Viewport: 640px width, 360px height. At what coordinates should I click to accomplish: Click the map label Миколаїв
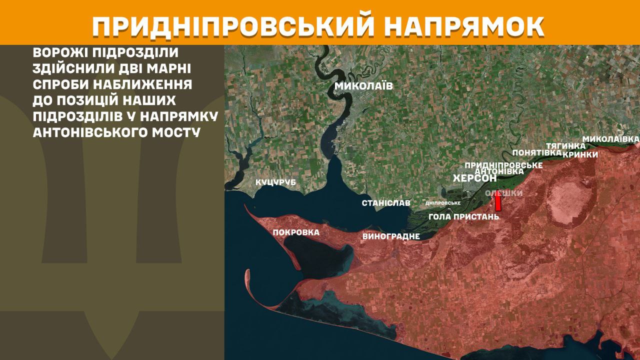click(363, 86)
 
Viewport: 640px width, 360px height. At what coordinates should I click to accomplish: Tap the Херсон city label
click(474, 178)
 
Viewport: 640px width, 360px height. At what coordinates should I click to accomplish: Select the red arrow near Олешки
click(498, 201)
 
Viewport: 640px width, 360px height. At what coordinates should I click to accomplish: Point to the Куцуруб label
click(275, 182)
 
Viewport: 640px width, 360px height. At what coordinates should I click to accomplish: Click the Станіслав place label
click(386, 203)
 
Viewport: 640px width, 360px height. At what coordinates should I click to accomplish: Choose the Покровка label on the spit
click(296, 232)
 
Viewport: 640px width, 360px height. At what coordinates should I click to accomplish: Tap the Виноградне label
click(390, 236)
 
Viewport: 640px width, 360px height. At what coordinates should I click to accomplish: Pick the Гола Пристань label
click(464, 217)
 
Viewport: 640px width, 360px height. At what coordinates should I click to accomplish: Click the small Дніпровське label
click(442, 203)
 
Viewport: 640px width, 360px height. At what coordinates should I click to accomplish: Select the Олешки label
click(504, 193)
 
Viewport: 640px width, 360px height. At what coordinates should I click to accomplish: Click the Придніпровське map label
click(503, 165)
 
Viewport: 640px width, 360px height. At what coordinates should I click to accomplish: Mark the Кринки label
click(580, 154)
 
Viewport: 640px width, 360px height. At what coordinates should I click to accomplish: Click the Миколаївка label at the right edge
click(611, 138)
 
